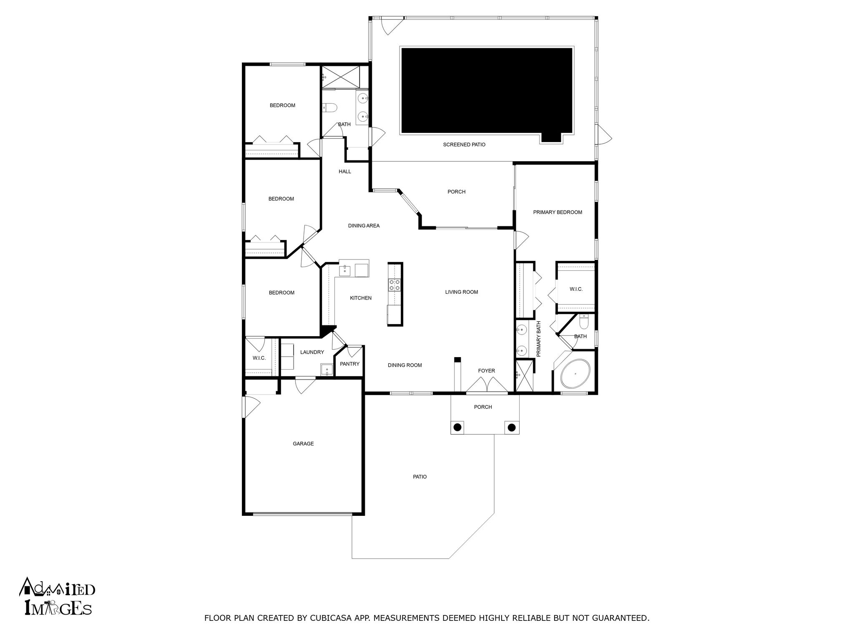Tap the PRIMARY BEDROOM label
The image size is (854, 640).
pos(558,212)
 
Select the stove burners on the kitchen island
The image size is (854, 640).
pos(394,285)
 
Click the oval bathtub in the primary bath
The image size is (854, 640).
pos(575,374)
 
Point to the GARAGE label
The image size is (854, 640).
pos(303,444)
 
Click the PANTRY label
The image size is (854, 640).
pos(349,364)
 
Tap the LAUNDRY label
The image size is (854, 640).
pos(312,352)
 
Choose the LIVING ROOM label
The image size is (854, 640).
pos(461,292)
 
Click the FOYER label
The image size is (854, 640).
pos(486,370)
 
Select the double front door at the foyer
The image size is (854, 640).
pos(487,384)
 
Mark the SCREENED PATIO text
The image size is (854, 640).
pos(464,145)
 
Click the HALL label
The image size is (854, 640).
pos(345,171)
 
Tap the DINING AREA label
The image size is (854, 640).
pos(364,226)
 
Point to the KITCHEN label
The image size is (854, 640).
pos(361,298)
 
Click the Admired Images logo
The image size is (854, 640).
pos(57,596)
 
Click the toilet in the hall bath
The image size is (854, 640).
pos(329,108)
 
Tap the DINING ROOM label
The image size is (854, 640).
pos(404,365)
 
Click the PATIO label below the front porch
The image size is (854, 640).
pos(420,477)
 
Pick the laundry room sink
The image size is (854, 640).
pos(327,369)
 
